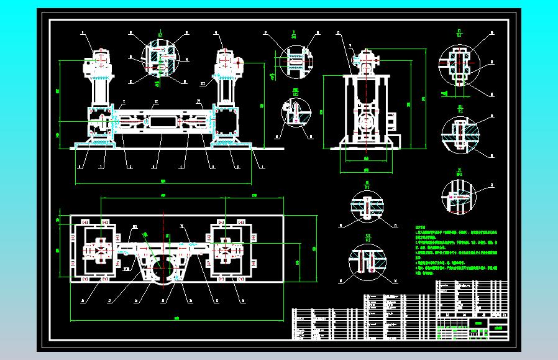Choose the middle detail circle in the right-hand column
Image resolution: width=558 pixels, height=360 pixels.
point(459,133)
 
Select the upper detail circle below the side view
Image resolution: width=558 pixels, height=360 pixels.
point(367,205)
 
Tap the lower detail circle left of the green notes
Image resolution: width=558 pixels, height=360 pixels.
point(367,259)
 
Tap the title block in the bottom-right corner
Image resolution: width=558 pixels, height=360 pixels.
point(472,311)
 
